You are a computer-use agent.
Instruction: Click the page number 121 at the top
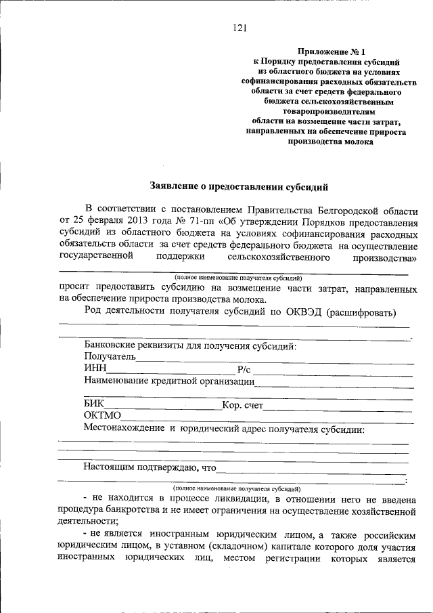click(239, 28)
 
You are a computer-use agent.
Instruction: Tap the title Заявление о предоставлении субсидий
click(239, 185)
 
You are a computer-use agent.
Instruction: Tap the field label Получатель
click(110, 357)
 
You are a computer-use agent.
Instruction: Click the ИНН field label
click(95, 368)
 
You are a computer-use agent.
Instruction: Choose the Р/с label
click(244, 369)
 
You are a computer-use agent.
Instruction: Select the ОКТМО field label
click(102, 416)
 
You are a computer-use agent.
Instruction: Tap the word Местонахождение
click(125, 428)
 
